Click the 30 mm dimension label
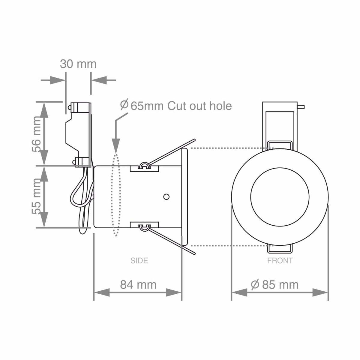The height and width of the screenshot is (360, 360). pos(78,64)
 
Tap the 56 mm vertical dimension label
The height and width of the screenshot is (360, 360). pos(36,134)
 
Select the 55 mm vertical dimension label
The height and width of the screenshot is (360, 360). pos(36,196)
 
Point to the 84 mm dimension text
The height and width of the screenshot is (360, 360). pos(138,285)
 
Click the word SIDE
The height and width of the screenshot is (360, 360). pos(139,261)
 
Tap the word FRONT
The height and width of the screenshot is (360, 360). pos(280,261)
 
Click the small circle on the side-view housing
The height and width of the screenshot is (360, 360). pos(166,196)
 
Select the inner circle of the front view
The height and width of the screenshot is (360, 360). pos(280,197)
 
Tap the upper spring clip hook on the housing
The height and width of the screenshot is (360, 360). pos(144,165)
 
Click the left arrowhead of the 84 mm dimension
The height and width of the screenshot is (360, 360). pos(101,292)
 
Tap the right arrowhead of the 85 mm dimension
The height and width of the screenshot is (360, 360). pos(320,292)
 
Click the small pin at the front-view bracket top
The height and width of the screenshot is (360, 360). pos(301,107)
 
